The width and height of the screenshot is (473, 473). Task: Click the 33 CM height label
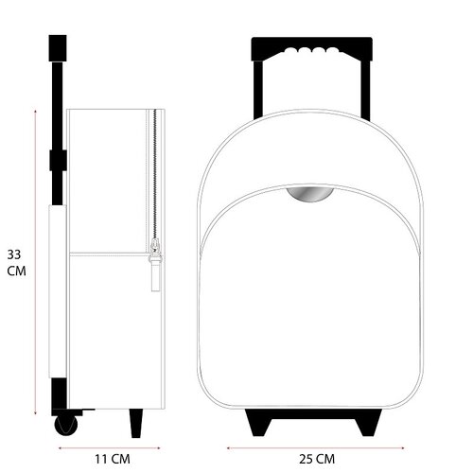tap(16, 263)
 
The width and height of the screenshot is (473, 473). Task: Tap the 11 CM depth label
tap(113, 459)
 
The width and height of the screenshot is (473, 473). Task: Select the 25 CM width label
tap(317, 459)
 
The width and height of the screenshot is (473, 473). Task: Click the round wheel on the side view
tap(66, 426)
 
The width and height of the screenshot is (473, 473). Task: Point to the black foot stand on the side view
tap(136, 423)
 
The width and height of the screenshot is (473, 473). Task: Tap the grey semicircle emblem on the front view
tap(310, 194)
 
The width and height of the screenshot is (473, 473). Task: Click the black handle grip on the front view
tap(311, 48)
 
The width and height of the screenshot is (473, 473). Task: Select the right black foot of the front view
tap(368, 423)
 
